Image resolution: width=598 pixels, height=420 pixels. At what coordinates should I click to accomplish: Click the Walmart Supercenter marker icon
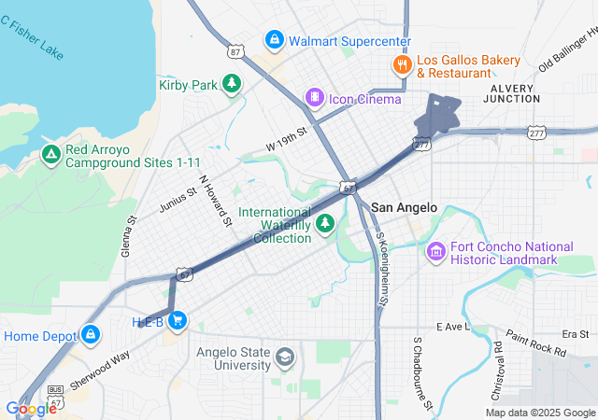[x=274, y=40]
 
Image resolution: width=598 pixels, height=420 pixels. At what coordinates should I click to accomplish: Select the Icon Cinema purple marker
[x=316, y=98]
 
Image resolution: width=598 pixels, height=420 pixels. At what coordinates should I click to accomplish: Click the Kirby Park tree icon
[x=232, y=85]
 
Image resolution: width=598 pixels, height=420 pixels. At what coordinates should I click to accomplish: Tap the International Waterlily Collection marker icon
[x=325, y=223]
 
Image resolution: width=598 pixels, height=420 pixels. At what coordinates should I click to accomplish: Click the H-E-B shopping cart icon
[x=178, y=322]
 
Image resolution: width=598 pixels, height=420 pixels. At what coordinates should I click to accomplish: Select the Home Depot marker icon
[x=90, y=334]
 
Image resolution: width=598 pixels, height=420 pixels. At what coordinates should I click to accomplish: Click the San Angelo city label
[x=404, y=207]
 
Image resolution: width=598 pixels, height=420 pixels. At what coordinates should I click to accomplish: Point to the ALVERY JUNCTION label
[x=510, y=94]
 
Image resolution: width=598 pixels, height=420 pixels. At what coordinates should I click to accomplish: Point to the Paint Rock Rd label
[x=535, y=343]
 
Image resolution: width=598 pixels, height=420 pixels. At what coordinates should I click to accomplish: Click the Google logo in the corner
[x=31, y=408]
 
